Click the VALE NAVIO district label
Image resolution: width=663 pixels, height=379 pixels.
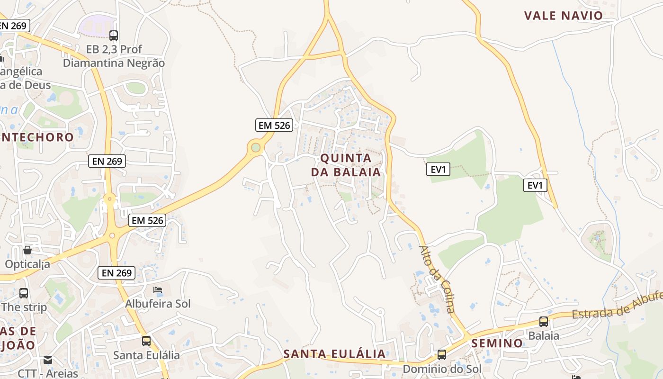pos(563,16)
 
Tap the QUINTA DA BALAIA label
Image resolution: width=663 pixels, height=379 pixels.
pos(346,164)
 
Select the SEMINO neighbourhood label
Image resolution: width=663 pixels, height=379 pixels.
pos(497,343)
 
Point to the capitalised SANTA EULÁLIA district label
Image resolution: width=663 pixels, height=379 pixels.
pos(334,354)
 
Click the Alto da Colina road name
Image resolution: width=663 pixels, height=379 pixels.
pos(437,280)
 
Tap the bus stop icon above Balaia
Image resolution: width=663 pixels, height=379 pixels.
pos(544,322)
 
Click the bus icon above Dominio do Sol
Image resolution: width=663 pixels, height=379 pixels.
pos(442,354)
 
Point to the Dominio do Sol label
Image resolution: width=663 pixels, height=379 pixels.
pos(442,369)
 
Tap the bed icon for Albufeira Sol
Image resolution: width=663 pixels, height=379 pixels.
pos(158,289)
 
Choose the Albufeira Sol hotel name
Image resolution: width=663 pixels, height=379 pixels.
pos(158,304)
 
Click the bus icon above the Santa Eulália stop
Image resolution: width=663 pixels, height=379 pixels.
pos(146,341)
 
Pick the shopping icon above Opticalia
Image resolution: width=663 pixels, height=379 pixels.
pos(27,250)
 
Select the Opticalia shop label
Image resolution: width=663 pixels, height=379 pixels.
pos(27,264)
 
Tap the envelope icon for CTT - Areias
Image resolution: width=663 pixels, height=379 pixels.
pos(48,360)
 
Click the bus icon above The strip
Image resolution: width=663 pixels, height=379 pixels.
pos(24,293)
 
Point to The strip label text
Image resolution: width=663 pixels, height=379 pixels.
pos(24,307)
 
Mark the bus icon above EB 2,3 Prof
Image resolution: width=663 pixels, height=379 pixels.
pos(114,35)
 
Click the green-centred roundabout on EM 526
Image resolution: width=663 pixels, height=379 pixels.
pos(256,148)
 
